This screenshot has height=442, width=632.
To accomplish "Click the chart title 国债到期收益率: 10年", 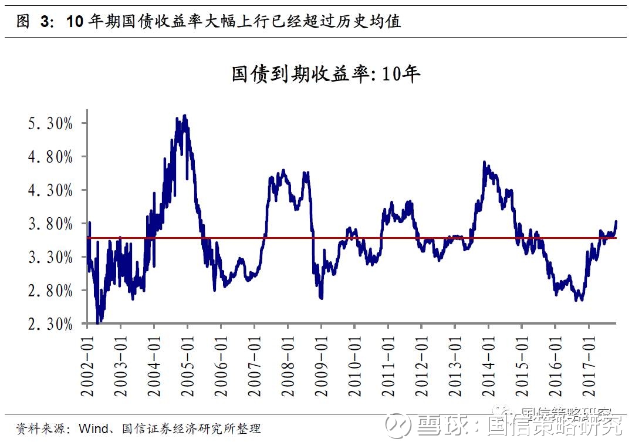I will [326, 75].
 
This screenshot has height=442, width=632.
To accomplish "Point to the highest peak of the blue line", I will [185, 116].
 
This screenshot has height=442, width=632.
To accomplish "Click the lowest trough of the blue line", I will [98, 322].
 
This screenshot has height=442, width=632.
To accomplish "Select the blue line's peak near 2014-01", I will [485, 162].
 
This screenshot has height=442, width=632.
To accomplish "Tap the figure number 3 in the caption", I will [43, 22].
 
